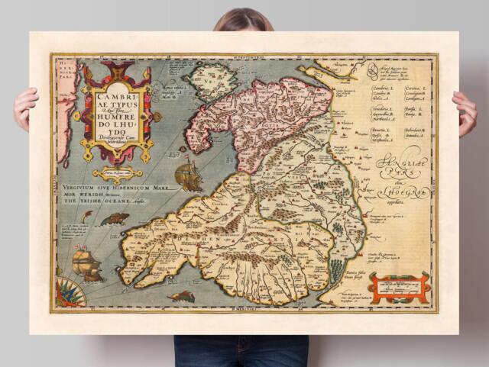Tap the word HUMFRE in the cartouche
(x=118, y=124)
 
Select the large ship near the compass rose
(x=86, y=264)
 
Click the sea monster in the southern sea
(x=182, y=295)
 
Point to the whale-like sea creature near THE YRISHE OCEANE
(x=115, y=220)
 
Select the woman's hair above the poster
(x=243, y=19)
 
